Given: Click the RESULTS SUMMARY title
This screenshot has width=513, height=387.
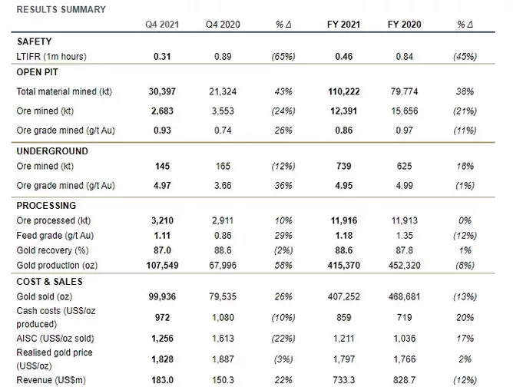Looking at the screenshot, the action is click(61, 9).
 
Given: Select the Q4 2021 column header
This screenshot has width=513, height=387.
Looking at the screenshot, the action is click(162, 25).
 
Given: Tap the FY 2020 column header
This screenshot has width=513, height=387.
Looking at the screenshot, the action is click(405, 25).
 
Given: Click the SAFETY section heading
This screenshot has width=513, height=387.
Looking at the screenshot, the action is click(35, 41).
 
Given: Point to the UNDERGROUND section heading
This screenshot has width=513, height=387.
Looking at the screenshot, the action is click(52, 151).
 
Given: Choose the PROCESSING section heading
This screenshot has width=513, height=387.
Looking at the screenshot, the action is click(46, 206).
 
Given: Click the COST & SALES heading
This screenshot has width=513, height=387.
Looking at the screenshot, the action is click(49, 282).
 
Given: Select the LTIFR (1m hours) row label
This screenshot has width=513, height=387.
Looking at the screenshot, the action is click(51, 57).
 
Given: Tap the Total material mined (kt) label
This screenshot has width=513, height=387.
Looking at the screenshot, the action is click(65, 91).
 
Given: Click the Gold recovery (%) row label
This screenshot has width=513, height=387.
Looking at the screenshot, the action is click(53, 250).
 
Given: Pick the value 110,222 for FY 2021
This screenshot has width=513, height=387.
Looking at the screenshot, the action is click(344, 91).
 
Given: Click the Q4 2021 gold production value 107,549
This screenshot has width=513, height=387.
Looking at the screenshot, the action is click(162, 266).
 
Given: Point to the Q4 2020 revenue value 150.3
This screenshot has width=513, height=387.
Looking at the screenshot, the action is click(223, 380).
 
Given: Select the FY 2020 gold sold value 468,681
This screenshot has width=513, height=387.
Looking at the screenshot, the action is click(405, 296).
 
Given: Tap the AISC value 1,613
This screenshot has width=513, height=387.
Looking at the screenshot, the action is click(223, 339).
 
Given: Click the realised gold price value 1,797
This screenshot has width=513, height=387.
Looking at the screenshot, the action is click(344, 359).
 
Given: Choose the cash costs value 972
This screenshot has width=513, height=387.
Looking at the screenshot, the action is click(162, 318).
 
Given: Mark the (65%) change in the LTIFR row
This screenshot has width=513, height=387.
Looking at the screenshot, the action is click(283, 57).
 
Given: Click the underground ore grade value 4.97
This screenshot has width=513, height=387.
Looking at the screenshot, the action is click(162, 186).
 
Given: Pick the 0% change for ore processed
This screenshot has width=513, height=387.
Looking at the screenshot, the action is click(465, 220).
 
